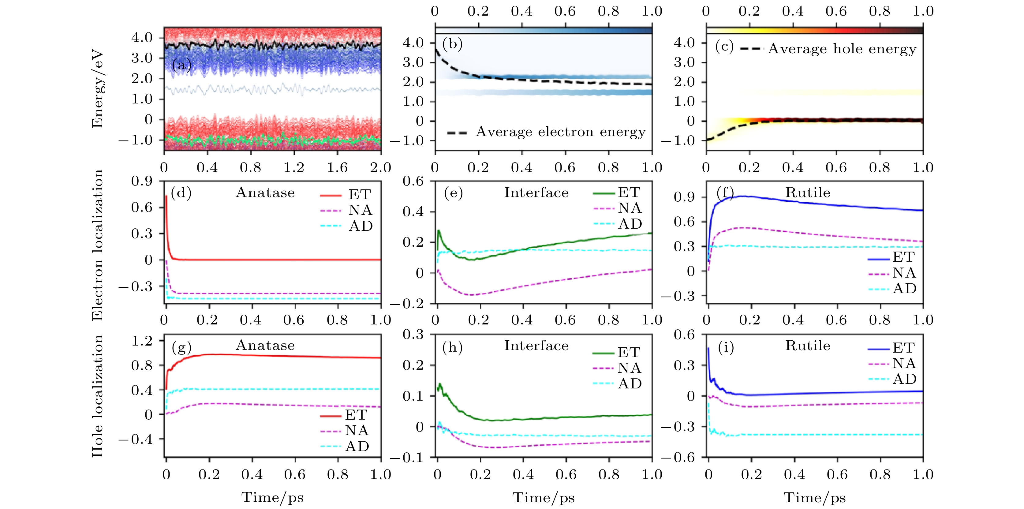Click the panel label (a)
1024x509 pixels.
[x=182, y=64]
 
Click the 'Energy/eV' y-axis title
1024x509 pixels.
[x=97, y=88]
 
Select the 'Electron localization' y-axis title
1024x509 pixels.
[x=97, y=245]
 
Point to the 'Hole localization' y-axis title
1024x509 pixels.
[x=97, y=396]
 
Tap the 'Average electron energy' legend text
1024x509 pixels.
[x=560, y=132]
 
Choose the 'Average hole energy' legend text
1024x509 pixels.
[x=842, y=49]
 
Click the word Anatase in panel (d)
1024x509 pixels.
[x=265, y=193]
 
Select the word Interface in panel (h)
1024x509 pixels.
[x=536, y=346]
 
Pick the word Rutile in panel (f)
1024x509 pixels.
[x=807, y=193]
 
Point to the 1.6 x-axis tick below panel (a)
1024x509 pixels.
[x=337, y=167]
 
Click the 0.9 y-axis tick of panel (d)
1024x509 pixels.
[x=142, y=181]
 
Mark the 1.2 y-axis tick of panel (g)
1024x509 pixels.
[x=142, y=341]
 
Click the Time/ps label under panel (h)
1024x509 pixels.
[x=544, y=497]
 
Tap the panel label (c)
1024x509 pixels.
[x=724, y=47]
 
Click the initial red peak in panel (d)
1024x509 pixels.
[x=166, y=196]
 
